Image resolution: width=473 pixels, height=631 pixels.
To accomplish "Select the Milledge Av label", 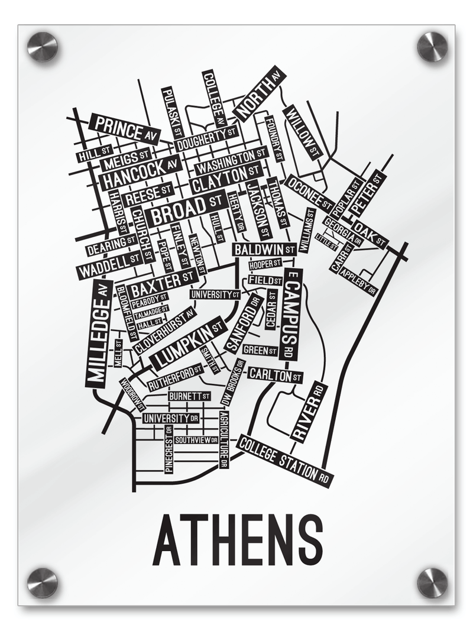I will [99, 334].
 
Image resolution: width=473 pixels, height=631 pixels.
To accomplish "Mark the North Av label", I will [259, 93].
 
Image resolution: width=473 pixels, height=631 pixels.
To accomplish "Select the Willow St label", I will [302, 133].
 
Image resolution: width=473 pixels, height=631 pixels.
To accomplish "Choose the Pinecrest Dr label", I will [169, 449].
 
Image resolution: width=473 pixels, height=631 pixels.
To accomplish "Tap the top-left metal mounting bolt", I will [43, 46].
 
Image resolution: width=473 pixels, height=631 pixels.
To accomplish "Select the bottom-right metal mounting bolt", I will [432, 583].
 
